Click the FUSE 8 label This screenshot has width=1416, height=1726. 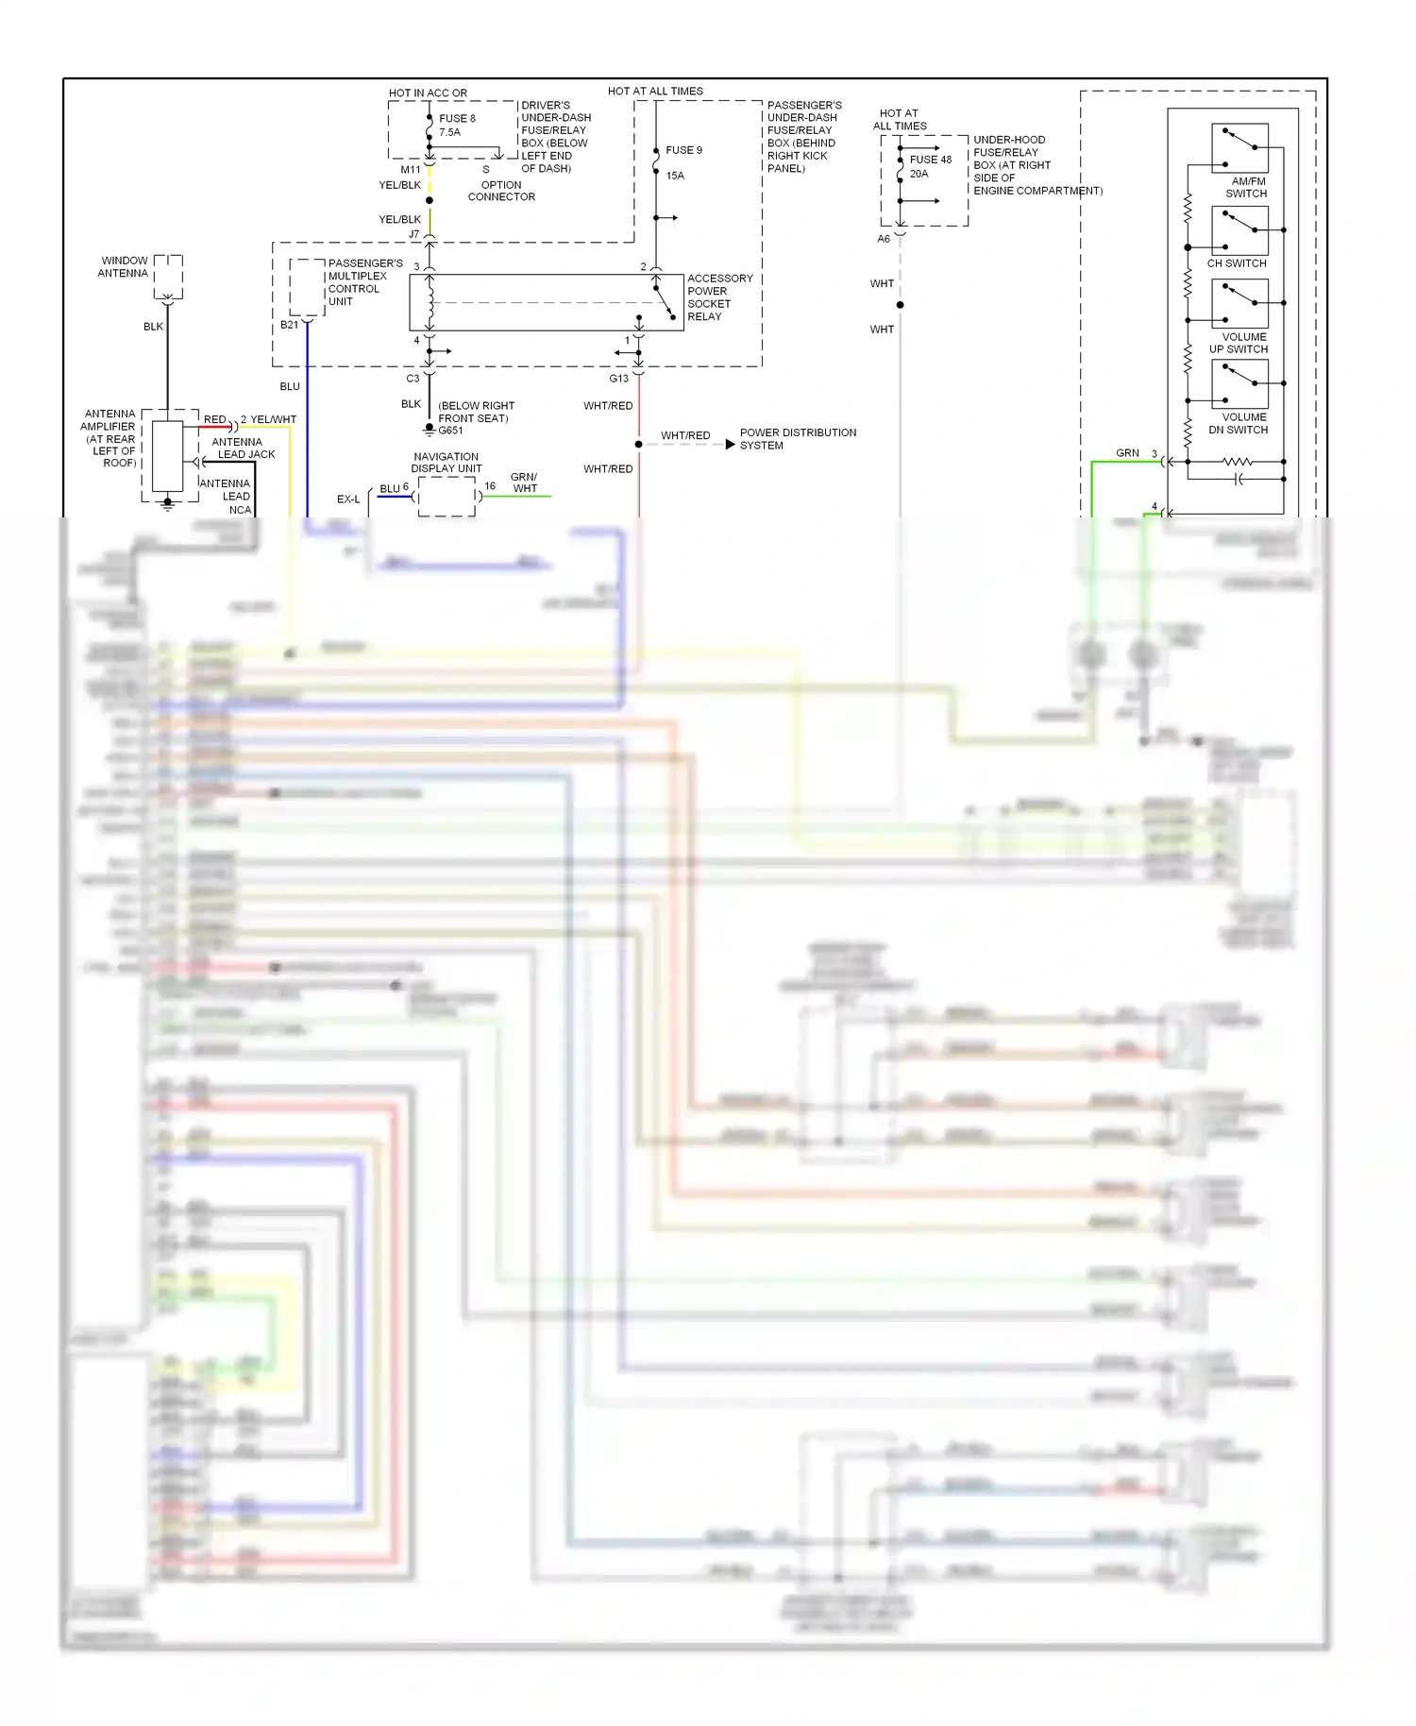457,119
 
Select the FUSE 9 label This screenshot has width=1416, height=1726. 683,150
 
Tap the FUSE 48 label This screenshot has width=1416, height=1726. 931,160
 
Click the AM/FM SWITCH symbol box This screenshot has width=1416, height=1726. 1239,148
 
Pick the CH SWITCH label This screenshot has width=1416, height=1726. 1237,263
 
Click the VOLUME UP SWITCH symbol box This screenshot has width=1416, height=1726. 1239,304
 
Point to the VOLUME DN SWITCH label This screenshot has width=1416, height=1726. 1244,423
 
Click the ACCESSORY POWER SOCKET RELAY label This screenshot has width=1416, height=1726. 719,297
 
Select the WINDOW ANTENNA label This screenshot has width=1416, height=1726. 124,267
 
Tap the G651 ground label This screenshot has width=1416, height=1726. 450,431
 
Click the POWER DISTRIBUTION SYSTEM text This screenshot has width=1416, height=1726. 798,439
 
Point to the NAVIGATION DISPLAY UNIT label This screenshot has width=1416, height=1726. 446,463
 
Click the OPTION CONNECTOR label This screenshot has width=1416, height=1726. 501,191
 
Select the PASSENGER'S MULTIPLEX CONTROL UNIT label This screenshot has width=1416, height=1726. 364,282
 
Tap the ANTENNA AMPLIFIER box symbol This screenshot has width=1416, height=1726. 168,457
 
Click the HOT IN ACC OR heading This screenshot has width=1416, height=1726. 428,93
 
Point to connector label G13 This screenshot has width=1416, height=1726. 618,379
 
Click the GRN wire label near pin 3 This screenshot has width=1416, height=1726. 1127,453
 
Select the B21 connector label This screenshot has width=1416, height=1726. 289,325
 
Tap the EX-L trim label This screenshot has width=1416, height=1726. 348,499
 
